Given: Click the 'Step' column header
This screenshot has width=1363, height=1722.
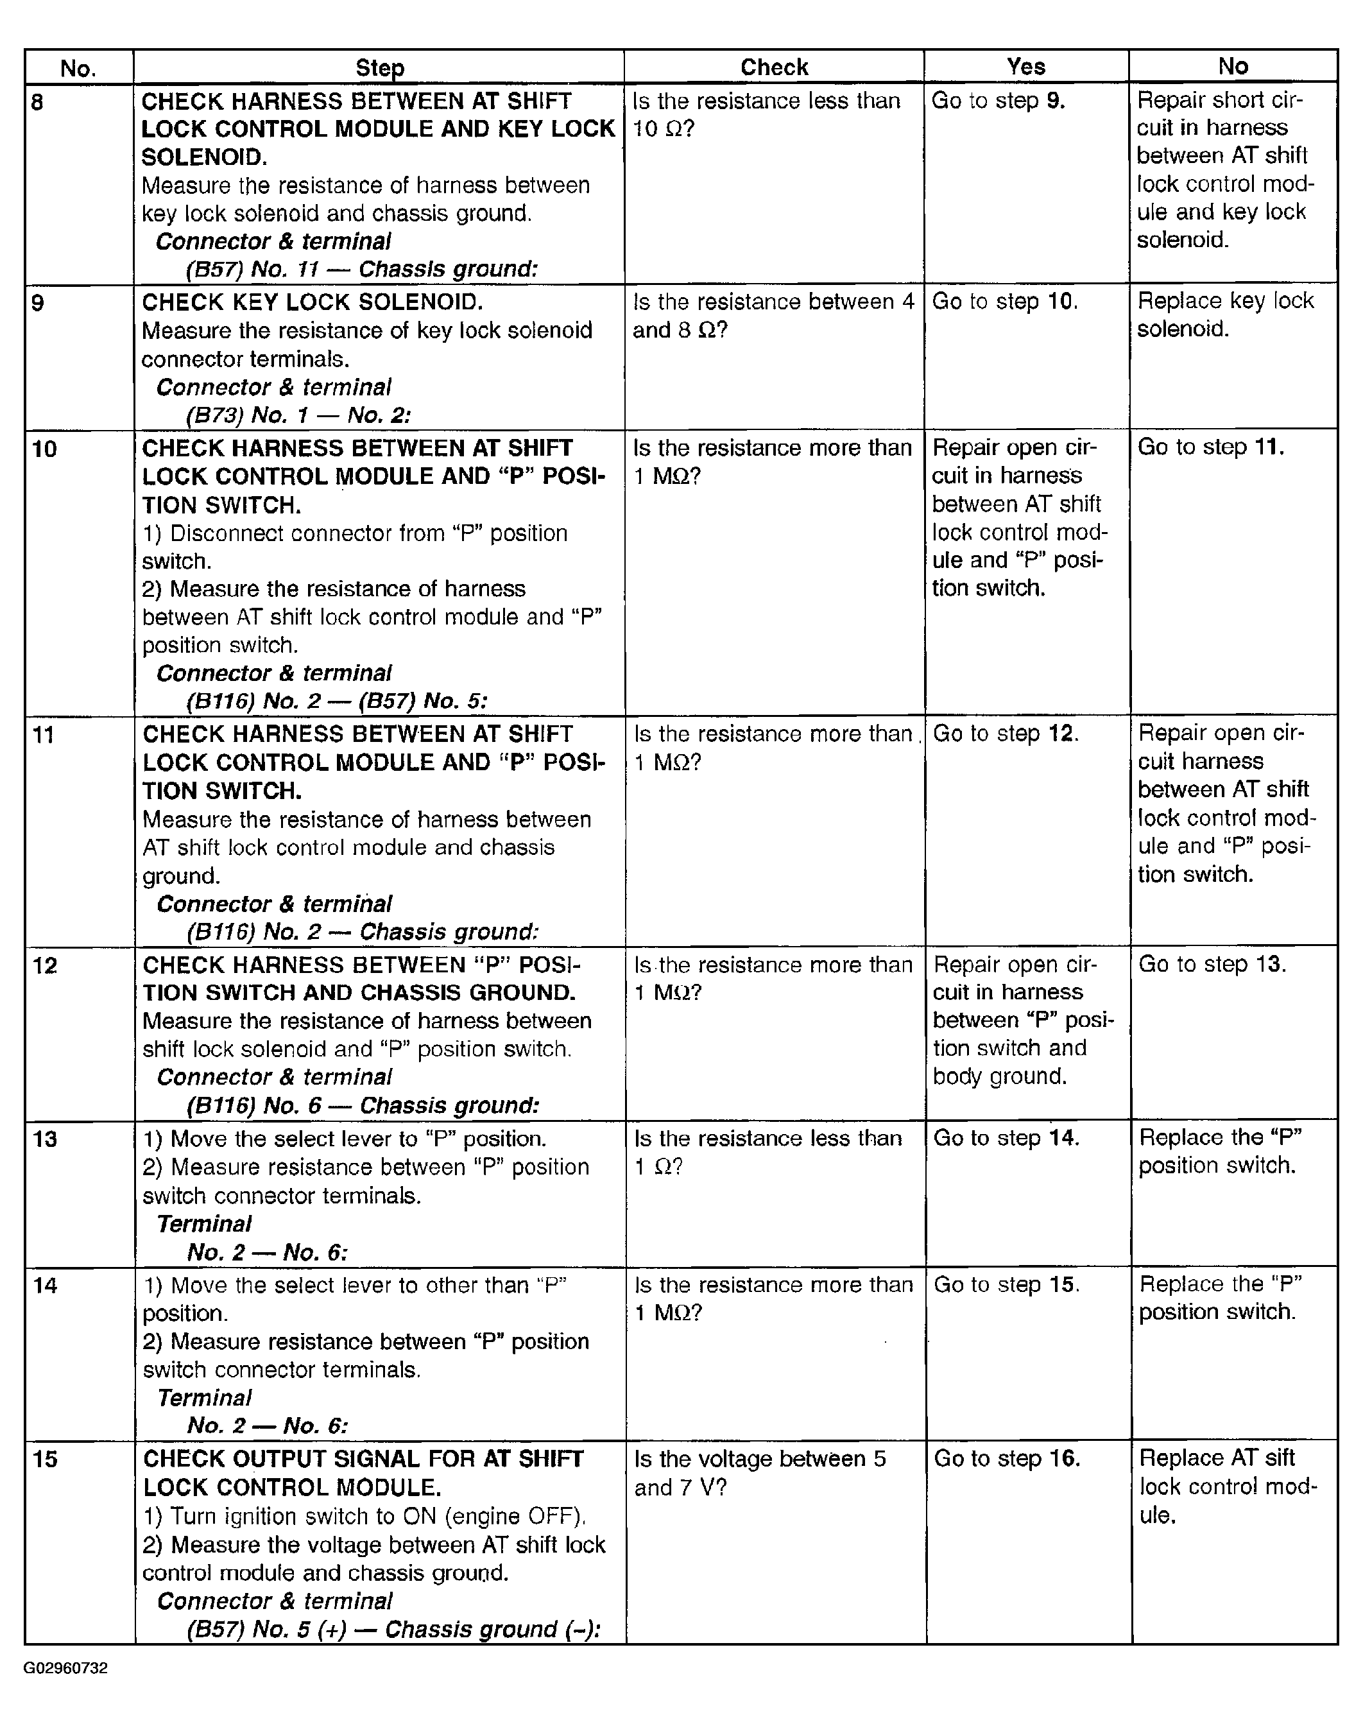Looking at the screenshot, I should pyautogui.click(x=379, y=68).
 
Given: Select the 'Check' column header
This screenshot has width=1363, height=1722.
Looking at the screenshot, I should pyautogui.click(x=773, y=67).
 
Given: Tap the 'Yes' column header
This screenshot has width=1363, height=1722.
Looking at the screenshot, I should pyautogui.click(x=1025, y=66).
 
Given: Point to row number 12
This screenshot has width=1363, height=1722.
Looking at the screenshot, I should pyautogui.click(x=45, y=965).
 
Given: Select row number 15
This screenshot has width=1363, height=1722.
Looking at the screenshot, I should pyautogui.click(x=45, y=1459).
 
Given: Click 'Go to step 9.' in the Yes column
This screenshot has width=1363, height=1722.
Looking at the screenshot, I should pyautogui.click(x=997, y=101).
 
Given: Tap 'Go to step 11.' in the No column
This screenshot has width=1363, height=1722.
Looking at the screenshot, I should pyautogui.click(x=1210, y=447).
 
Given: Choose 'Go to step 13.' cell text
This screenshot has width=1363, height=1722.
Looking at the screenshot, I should pyautogui.click(x=1212, y=964).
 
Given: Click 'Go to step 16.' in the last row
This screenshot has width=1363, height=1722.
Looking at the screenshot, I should pyautogui.click(x=1006, y=1459).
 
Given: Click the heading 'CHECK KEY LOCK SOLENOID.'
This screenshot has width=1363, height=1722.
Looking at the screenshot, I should pyautogui.click(x=312, y=302).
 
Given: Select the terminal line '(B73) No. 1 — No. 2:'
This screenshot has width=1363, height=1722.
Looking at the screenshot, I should pyautogui.click(x=298, y=415).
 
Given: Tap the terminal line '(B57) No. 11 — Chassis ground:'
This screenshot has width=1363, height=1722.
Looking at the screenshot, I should pyautogui.click(x=361, y=269).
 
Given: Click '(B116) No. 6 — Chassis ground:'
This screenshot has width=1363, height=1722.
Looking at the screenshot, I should pyautogui.click(x=363, y=1105).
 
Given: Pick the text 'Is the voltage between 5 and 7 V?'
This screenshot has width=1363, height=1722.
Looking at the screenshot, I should pyautogui.click(x=759, y=1473).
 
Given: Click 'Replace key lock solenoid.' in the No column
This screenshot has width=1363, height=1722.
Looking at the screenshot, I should pyautogui.click(x=1225, y=314).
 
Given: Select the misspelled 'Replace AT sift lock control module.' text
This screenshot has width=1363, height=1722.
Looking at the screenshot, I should pyautogui.click(x=1228, y=1486).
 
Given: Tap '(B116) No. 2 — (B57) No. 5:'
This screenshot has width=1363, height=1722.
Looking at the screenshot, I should pyautogui.click(x=336, y=701).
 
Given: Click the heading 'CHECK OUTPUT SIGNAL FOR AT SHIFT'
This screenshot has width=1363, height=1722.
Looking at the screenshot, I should pyautogui.click(x=363, y=1459).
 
